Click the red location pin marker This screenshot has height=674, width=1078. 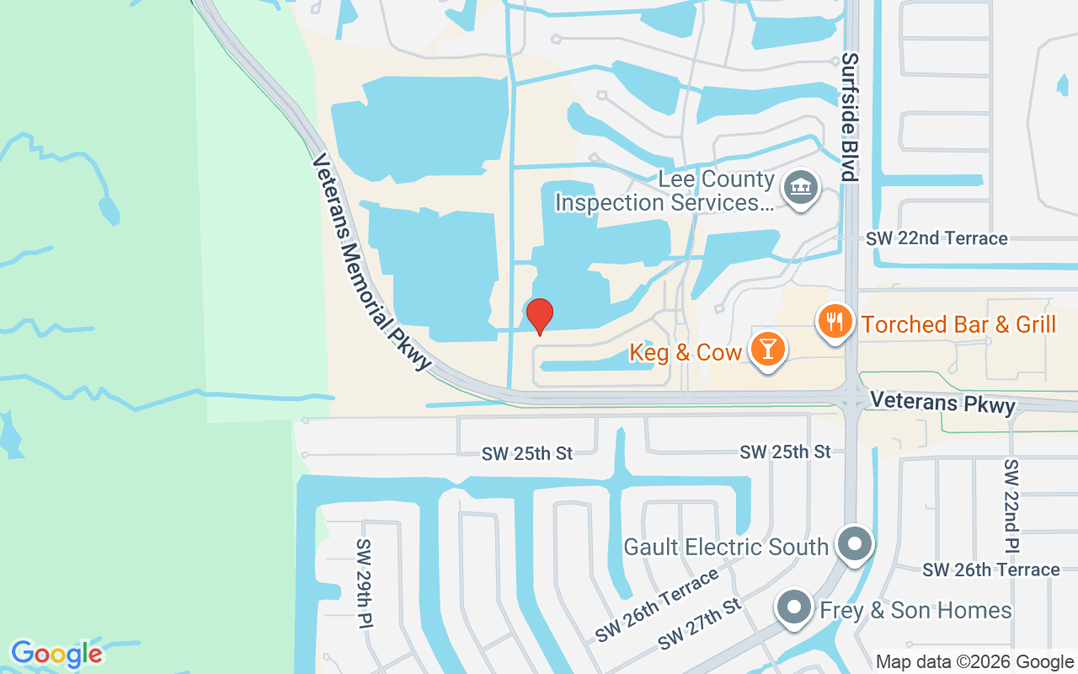click(539, 316)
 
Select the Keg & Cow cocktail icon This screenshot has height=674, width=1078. click(767, 349)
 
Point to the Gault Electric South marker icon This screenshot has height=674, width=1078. click(856, 544)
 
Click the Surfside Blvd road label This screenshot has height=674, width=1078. click(850, 117)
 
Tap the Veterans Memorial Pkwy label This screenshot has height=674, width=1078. click(371, 261)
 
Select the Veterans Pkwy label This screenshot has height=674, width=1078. click(942, 402)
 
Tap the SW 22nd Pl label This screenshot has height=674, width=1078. click(1011, 505)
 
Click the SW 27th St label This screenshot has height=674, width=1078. click(700, 624)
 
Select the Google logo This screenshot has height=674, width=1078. click(57, 654)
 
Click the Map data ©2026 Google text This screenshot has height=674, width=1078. click(974, 662)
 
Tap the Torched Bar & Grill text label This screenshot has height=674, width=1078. click(958, 324)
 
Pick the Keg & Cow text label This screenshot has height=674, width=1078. click(685, 352)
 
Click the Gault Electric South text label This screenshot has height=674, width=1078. click(725, 547)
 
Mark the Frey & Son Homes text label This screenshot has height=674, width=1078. click(915, 610)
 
